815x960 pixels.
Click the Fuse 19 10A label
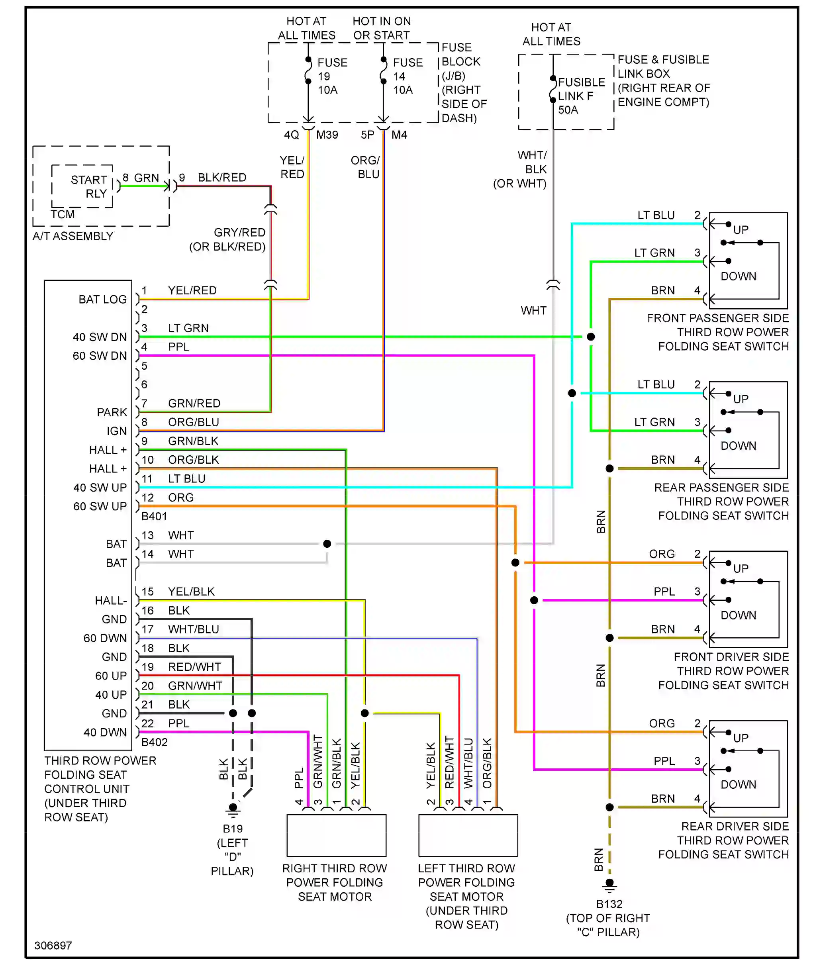point(332,76)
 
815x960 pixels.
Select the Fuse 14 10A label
point(407,76)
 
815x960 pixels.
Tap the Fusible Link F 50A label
point(581,96)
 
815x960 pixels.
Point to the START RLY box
point(82,186)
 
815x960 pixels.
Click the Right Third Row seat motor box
point(336,835)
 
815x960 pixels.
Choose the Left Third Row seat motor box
point(468,835)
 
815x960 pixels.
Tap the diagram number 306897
point(53,945)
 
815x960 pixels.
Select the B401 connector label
point(154,516)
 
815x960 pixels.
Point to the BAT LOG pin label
point(102,300)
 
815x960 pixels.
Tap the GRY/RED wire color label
point(239,232)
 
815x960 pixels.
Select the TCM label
point(63,214)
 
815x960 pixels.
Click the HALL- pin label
point(111,601)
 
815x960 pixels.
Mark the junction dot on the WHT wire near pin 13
point(327,544)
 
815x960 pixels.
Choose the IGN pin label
point(116,431)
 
